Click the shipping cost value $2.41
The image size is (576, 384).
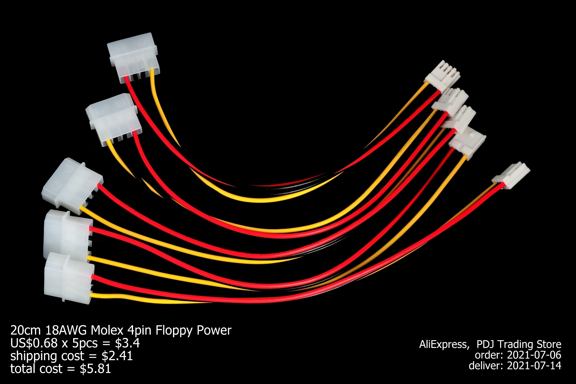(x=117, y=356)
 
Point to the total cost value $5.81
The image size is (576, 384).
(x=95, y=369)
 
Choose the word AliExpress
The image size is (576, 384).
(x=444, y=344)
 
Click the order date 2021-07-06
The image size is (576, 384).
(x=534, y=355)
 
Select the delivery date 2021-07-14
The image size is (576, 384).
(x=534, y=366)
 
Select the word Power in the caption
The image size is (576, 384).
(x=214, y=330)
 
